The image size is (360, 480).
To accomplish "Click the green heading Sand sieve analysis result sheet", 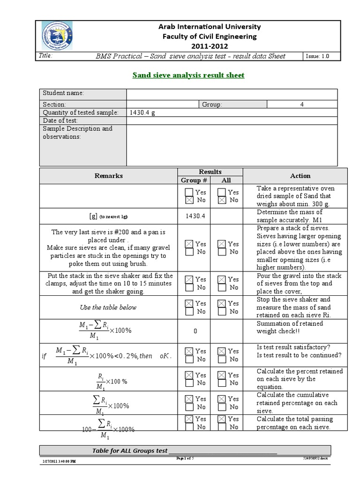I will tap(188, 75).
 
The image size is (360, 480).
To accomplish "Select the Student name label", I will tap(63, 93).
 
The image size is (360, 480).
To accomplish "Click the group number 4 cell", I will tap(301, 105).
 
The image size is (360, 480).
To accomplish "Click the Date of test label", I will tap(60, 120).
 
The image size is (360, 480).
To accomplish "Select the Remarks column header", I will tap(109, 176).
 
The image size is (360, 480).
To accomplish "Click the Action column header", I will tap(300, 176).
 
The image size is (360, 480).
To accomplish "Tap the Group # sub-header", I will tap(194, 180).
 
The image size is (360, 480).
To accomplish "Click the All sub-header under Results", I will tap(226, 180).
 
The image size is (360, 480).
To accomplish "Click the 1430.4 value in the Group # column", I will tap(194, 216).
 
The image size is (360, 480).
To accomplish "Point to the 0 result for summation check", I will tap(195, 331).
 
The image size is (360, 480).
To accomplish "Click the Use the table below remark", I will tap(108, 307).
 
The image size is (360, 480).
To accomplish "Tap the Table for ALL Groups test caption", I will tap(130, 450).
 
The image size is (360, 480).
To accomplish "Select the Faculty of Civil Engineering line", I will tap(210, 36).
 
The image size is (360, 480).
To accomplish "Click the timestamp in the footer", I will tap(59, 462).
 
